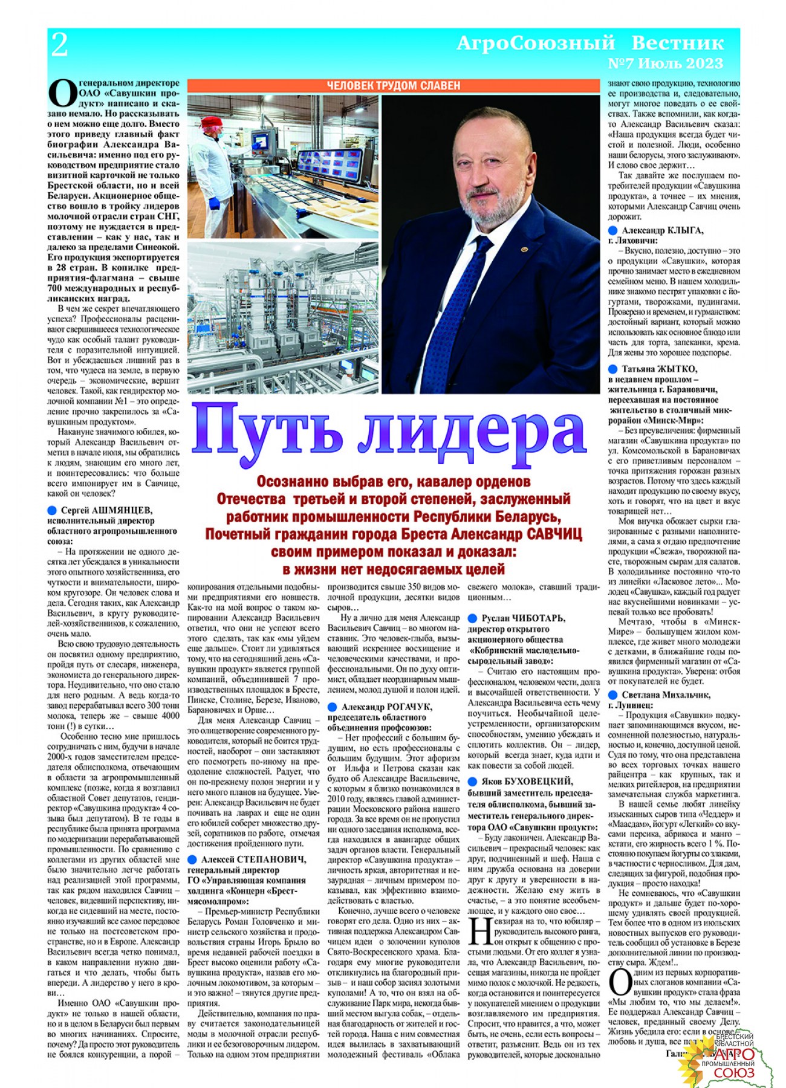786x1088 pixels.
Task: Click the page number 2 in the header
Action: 59,45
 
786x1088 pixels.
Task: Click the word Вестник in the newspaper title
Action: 677,43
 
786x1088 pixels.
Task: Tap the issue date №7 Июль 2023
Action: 665,63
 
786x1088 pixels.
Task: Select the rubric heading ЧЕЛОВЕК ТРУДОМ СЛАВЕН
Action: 394,86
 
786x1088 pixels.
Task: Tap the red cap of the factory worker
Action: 211,121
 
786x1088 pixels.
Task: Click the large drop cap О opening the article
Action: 62,95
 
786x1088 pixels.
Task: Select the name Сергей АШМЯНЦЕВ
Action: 106,510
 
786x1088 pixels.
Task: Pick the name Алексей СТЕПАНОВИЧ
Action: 253,860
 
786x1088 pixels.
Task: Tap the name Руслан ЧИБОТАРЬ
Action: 523,618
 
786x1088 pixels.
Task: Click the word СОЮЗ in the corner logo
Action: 734,1073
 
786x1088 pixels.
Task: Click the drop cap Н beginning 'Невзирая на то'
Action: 481,931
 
